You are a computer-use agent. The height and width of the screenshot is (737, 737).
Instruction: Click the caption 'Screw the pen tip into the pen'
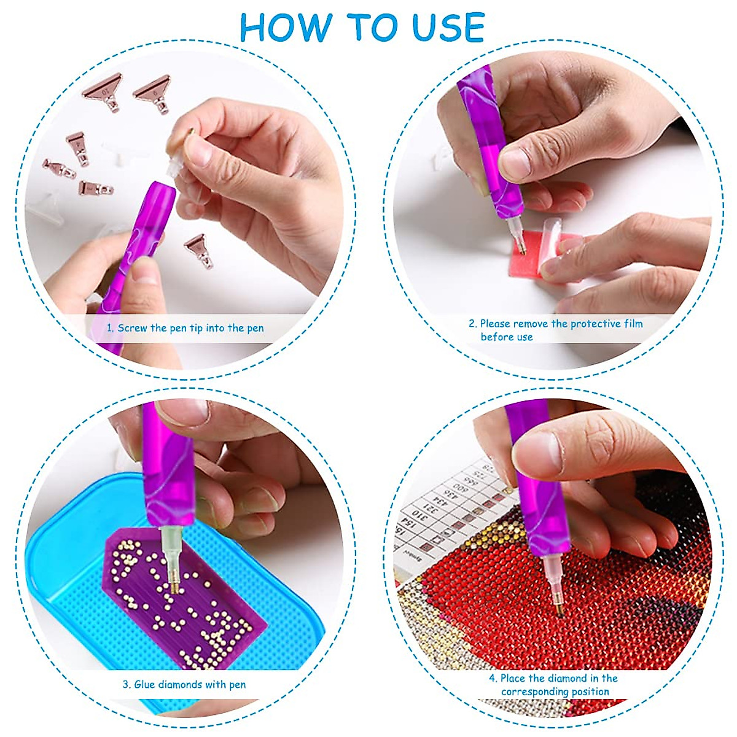(x=190, y=328)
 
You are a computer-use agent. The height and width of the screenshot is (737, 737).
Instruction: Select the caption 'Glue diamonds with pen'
(x=190, y=684)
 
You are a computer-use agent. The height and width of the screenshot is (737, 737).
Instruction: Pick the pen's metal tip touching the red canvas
(x=560, y=609)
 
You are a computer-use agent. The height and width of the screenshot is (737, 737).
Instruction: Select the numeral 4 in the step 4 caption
(x=492, y=679)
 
